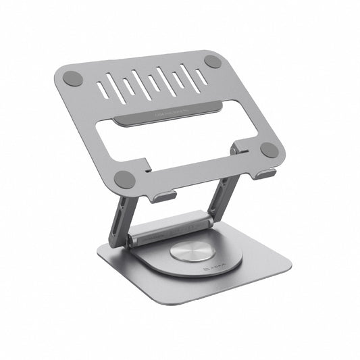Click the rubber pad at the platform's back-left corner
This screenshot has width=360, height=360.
[73, 78]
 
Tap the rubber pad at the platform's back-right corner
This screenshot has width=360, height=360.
[213, 61]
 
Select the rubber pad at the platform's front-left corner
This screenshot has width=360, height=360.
[124, 179]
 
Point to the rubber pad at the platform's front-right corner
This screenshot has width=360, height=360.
[269, 150]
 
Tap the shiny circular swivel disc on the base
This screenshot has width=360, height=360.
[189, 251]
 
